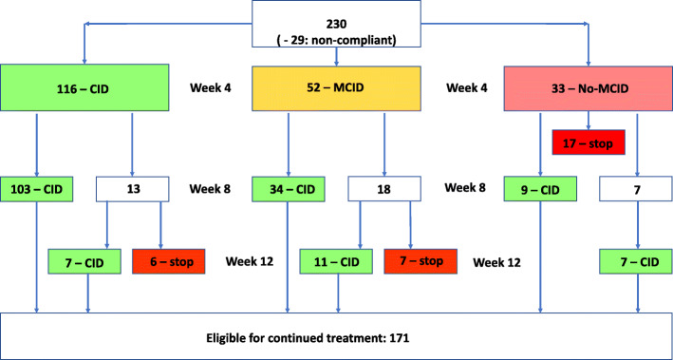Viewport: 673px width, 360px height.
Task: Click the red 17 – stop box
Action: pyautogui.click(x=588, y=144)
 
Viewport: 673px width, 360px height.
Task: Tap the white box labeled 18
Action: pyautogui.click(x=383, y=188)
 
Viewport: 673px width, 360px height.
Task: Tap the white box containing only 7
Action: pyautogui.click(x=635, y=188)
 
